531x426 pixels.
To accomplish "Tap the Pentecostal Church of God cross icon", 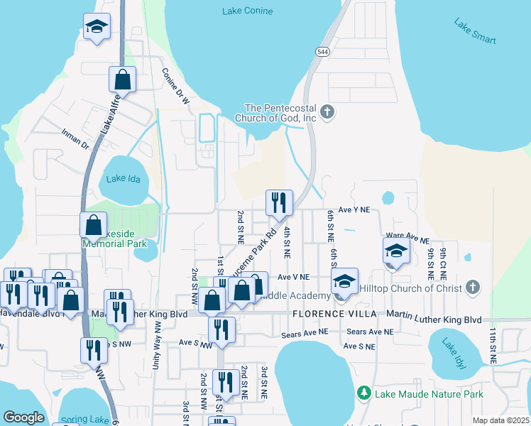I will click(327, 111).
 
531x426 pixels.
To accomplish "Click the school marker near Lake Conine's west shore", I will click(97, 27).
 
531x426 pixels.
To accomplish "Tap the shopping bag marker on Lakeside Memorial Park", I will click(94, 226).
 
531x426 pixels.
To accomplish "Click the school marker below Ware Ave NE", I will click(396, 251).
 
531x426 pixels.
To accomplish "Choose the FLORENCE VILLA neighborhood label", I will click(333, 314).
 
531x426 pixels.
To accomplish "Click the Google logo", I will click(23, 417).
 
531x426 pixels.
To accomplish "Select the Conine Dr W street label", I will click(175, 87).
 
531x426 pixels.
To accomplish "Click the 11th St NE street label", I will click(491, 345).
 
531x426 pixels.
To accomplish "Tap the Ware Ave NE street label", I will click(407, 240).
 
